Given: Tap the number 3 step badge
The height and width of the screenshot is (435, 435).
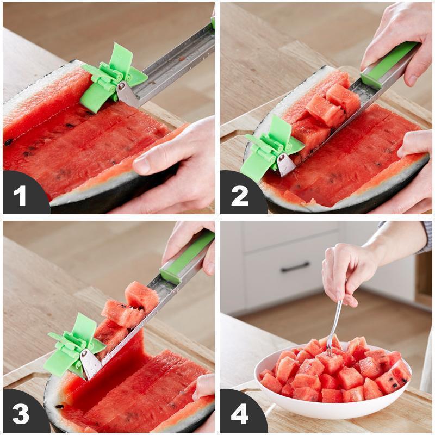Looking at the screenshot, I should [x=21, y=414].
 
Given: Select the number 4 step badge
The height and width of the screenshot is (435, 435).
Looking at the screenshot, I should [x=239, y=414].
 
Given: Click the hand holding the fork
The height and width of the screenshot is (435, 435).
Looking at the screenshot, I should [x=348, y=269].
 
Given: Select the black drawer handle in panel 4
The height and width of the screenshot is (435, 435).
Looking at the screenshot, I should [x=295, y=266].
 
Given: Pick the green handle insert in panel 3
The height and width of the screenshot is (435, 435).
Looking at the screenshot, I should [x=188, y=256].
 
